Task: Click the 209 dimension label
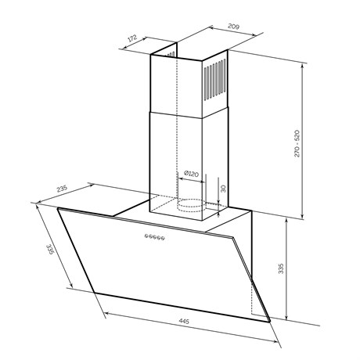click(x=234, y=27)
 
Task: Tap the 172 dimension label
click(x=132, y=38)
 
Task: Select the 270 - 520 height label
click(x=297, y=143)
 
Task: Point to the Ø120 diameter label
click(x=191, y=174)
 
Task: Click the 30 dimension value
click(x=223, y=189)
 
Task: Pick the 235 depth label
click(x=62, y=189)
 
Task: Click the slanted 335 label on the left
click(x=49, y=249)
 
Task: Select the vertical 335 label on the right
click(x=281, y=268)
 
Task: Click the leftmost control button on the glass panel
click(x=147, y=236)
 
